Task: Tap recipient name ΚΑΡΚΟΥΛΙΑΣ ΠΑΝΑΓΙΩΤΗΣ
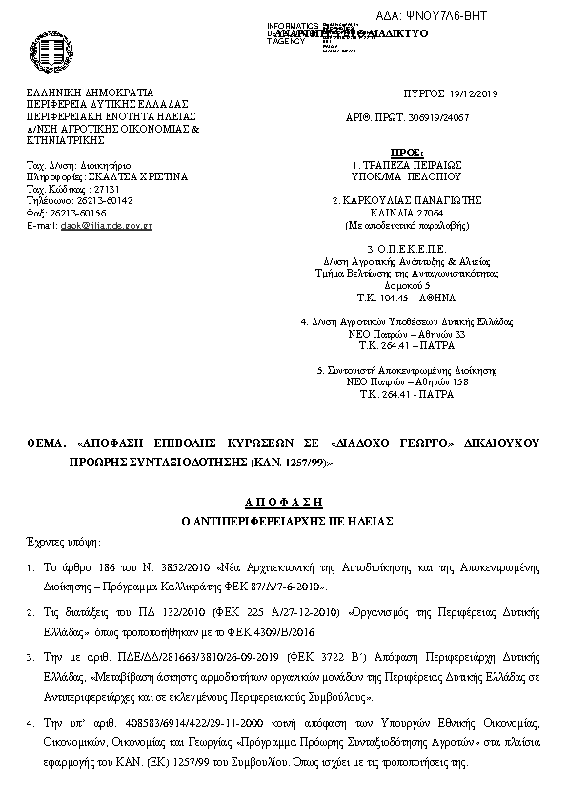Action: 412,201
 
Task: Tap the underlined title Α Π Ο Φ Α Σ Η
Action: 282,501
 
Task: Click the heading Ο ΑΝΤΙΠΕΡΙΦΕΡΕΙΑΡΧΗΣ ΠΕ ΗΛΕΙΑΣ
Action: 282,521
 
